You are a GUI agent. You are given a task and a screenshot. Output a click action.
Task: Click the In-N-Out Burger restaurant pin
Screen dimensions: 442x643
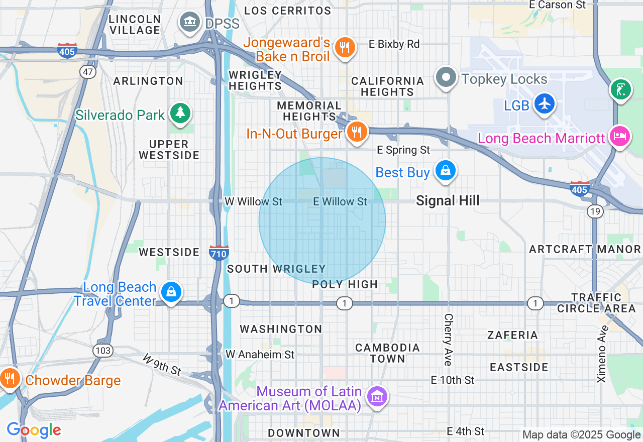click(x=357, y=132)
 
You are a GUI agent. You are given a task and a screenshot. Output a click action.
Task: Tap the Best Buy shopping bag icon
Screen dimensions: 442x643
click(x=445, y=171)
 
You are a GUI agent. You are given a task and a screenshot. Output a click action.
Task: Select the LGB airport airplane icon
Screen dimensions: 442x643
click(x=544, y=103)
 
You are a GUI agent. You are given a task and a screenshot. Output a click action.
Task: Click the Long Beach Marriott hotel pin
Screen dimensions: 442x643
click(x=620, y=136)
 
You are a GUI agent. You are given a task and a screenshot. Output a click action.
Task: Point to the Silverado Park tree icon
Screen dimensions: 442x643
click(x=180, y=114)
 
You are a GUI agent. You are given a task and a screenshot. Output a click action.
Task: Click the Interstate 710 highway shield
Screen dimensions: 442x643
click(x=219, y=253)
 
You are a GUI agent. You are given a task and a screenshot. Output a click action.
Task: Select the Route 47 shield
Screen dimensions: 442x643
click(x=88, y=72)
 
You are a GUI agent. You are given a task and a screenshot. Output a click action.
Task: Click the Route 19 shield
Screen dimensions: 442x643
click(x=595, y=211)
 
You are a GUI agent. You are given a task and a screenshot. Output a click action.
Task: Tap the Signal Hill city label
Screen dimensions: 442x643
click(x=448, y=201)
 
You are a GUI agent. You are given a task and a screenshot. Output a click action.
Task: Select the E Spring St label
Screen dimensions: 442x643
click(x=404, y=150)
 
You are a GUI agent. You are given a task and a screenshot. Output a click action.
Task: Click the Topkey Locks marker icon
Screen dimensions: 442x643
click(x=446, y=78)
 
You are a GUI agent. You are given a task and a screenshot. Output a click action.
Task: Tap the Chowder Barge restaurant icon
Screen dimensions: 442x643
click(x=9, y=378)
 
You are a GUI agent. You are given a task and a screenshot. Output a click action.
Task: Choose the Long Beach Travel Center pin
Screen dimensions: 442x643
click(x=171, y=291)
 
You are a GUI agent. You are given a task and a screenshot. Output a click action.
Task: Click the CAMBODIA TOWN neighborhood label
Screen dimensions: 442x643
click(x=387, y=353)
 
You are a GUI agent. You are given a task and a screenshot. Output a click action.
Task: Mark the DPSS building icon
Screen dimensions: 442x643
click(x=190, y=22)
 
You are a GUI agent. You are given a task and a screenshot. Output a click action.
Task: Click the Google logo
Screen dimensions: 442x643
click(x=34, y=430)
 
